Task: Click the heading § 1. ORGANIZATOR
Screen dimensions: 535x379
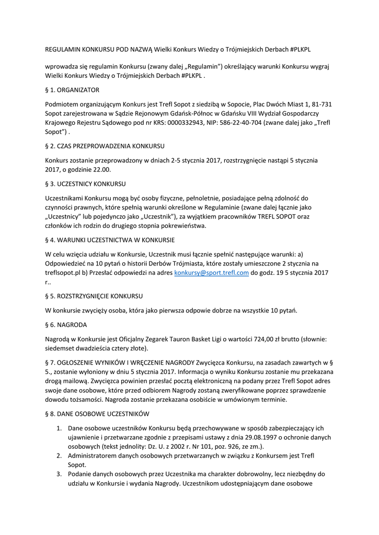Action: pyautogui.click(x=72, y=90)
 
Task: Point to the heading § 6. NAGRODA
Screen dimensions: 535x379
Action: pyautogui.click(x=66, y=324)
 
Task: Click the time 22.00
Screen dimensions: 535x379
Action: pyautogui.click(x=99, y=170)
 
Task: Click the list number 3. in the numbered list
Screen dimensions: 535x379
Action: pyautogui.click(x=60, y=474)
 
